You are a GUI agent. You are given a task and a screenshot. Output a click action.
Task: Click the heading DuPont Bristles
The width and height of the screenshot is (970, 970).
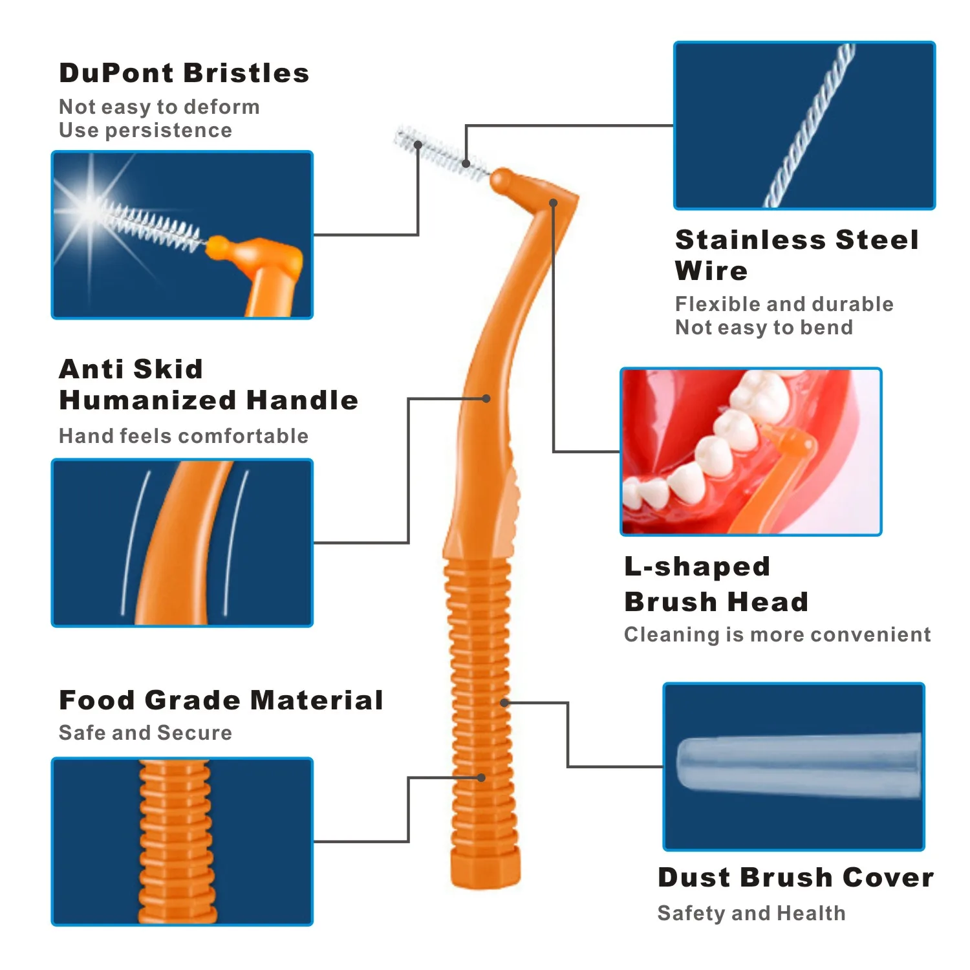coord(184,73)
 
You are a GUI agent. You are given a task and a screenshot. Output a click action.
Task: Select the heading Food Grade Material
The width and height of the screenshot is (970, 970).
coord(221,700)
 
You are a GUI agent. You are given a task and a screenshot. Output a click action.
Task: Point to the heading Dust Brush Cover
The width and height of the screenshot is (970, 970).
coord(795,878)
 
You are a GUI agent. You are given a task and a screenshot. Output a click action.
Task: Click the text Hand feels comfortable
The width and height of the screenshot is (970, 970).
coord(184,436)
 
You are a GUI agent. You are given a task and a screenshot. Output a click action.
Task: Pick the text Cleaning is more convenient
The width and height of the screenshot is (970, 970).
coord(777,634)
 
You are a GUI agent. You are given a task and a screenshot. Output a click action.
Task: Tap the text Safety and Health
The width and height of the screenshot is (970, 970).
coord(751,912)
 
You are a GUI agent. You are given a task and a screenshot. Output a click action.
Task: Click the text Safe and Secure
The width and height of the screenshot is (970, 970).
coord(145,732)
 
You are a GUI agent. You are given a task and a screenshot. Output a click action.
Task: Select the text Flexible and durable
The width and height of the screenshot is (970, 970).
coord(784,304)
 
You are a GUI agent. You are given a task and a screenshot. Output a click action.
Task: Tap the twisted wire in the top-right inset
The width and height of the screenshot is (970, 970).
coord(808,126)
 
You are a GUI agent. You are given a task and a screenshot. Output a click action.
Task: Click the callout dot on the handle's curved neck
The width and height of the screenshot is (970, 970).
coord(486,398)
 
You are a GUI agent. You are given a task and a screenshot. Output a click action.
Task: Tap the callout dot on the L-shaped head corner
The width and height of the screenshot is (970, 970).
coord(553,203)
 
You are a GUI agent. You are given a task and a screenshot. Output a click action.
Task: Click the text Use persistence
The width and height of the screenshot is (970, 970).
coord(145,130)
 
